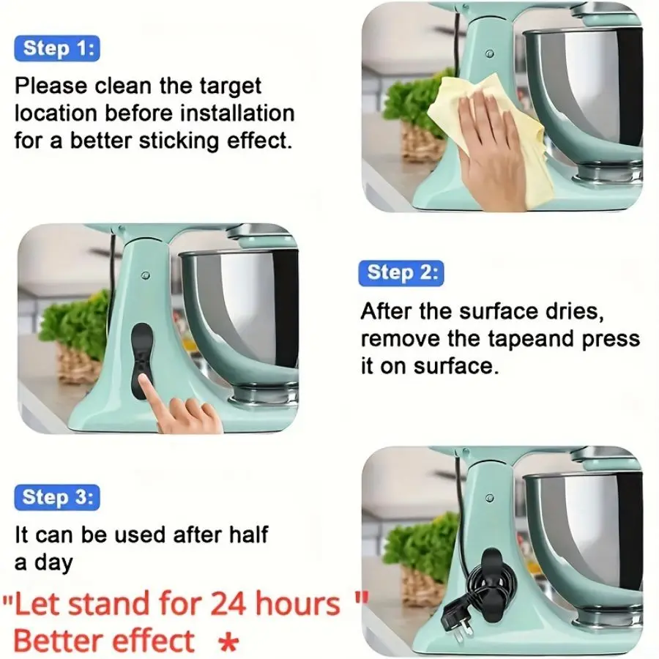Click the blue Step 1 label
pos(56,48)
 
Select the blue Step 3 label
pos(56,497)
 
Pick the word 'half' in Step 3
pos(245,535)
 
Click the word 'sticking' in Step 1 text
pos(198,139)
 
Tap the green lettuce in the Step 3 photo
pos(421,546)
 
